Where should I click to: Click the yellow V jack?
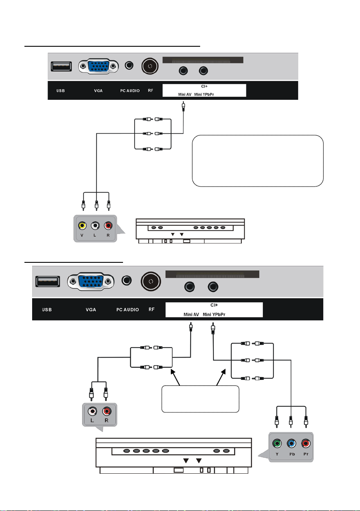coord(82,225)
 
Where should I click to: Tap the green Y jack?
coord(277,443)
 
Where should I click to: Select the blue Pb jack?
coord(291,443)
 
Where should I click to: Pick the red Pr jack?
coord(306,443)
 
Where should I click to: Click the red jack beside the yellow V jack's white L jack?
coord(108,225)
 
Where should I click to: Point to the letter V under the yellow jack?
coord(82,235)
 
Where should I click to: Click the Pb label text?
coord(292,454)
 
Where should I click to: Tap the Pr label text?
coord(306,454)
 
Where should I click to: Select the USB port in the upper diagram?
coord(61,66)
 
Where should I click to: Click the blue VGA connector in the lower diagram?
coord(91,281)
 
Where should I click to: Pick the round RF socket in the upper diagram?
coord(150,66)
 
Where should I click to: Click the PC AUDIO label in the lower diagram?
coord(128,310)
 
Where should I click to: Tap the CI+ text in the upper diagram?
coord(204,86)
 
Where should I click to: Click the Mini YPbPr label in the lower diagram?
coord(214,315)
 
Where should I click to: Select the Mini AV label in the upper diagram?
coord(185,94)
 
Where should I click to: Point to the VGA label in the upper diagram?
coord(99,90)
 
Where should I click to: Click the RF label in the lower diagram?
coord(151,309)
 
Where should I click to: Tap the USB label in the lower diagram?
coord(47,310)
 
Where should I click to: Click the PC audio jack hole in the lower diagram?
coord(126,280)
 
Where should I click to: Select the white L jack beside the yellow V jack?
coord(95,225)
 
